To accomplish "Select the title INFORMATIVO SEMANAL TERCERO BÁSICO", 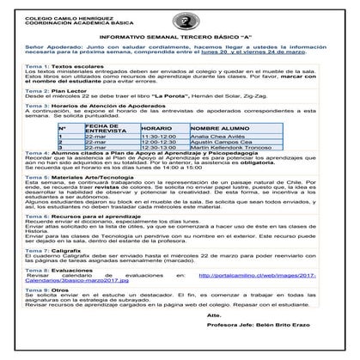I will click(178, 37).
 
